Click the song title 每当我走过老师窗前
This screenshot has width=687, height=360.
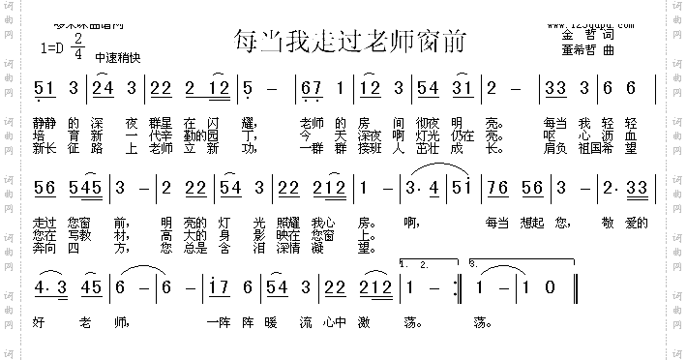point(350,41)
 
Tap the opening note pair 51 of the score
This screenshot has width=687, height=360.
point(45,89)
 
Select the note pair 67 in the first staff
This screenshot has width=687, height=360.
point(313,89)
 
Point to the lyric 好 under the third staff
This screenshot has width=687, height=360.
point(39,321)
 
